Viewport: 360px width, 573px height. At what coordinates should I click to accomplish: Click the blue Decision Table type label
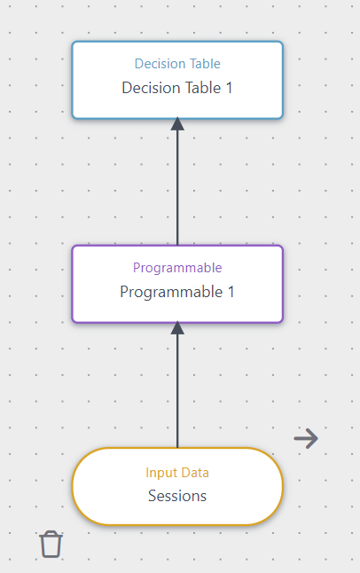point(177,64)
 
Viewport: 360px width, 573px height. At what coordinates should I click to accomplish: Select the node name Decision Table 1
point(177,88)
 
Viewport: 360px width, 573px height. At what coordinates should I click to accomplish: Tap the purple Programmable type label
point(177,268)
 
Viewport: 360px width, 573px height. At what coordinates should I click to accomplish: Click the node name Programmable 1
point(177,292)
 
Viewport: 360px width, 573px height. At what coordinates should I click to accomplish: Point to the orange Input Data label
point(177,473)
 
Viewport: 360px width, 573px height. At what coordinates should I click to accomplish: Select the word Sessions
point(177,496)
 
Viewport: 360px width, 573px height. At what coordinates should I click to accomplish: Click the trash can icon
point(51,544)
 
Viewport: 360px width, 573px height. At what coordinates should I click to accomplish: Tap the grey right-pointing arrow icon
point(306,438)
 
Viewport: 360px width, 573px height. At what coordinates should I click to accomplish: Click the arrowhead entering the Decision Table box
point(177,124)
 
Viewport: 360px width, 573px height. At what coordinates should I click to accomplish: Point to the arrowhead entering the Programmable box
point(177,328)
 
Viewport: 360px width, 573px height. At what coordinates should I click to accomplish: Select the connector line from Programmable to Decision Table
point(177,186)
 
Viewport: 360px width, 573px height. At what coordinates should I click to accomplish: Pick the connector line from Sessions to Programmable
point(177,390)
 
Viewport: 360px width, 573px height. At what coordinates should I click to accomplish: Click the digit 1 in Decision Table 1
point(229,88)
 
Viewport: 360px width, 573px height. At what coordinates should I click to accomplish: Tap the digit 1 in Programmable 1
point(231,292)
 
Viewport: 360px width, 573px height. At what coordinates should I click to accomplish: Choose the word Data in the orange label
point(195,473)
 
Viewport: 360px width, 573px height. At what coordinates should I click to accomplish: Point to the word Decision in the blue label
point(160,64)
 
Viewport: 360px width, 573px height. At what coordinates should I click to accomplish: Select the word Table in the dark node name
point(200,88)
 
